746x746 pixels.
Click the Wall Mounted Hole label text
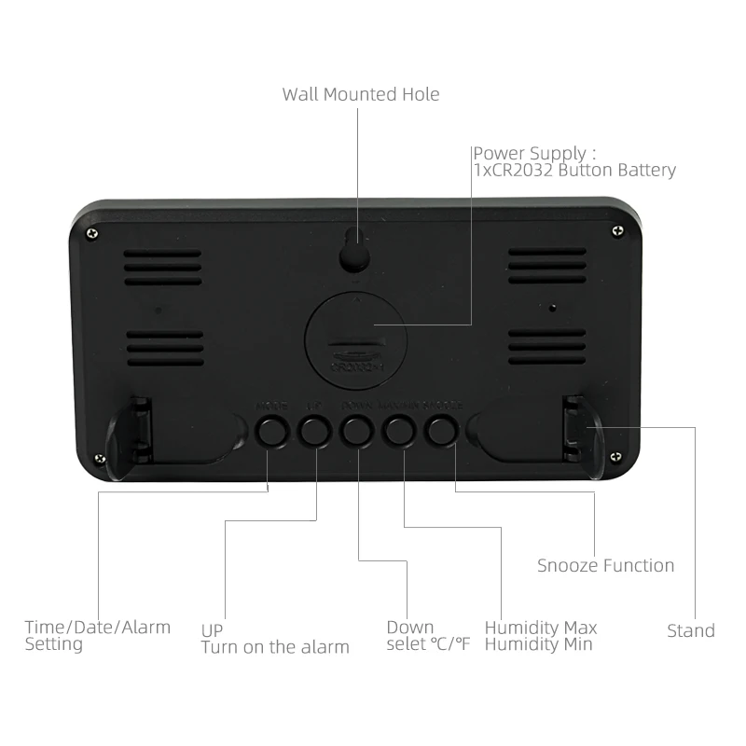[x=361, y=94]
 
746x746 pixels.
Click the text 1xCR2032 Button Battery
[x=573, y=170]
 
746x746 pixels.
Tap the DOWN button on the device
[x=355, y=430]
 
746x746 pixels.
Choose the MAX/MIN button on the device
[x=398, y=430]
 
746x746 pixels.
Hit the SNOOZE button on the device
[x=441, y=430]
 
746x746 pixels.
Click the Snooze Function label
[x=605, y=565]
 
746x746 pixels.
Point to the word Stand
[x=691, y=630]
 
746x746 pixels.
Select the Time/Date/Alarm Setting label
[x=97, y=634]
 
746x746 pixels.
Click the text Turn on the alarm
[x=275, y=646]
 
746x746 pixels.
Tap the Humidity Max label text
[x=541, y=627]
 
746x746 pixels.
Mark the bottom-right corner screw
[x=615, y=455]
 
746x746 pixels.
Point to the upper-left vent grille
[x=164, y=266]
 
